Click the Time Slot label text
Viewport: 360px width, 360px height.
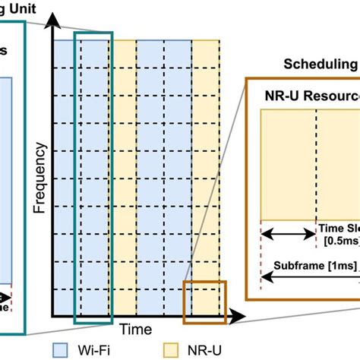(337, 227)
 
